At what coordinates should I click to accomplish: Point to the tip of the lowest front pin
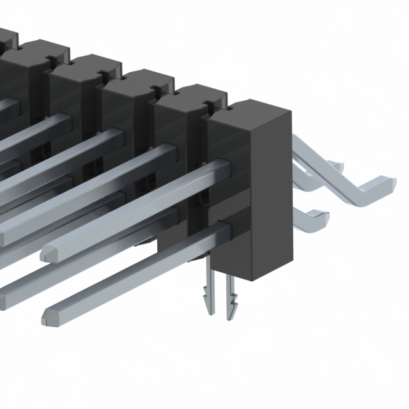[47, 314]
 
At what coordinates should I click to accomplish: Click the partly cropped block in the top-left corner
[5, 38]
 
